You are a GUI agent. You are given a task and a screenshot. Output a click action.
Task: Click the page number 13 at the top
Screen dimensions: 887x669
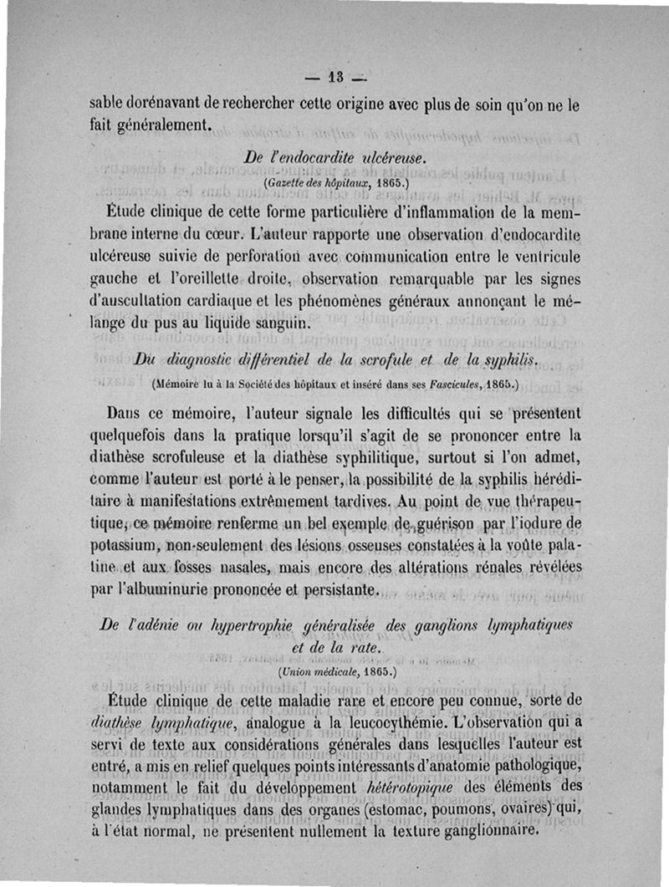coord(335,81)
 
